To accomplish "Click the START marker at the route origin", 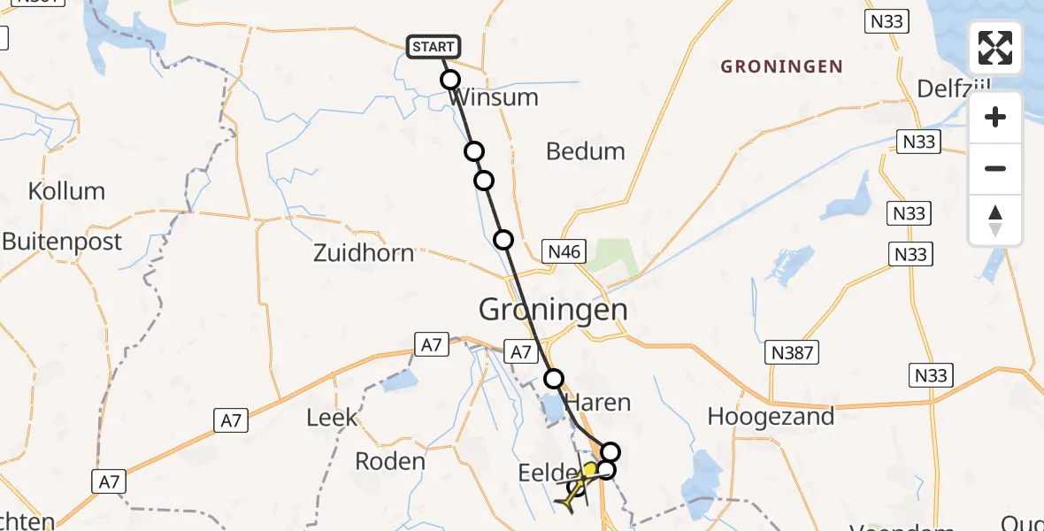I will tap(434, 47).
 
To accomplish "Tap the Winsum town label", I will tap(494, 97).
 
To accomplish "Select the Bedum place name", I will tap(585, 151).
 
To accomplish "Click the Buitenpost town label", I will tap(62, 242).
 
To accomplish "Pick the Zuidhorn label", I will tap(364, 253).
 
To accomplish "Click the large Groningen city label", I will tap(553, 310).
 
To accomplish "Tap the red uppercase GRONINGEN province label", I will tap(781, 67).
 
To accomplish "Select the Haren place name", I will tap(598, 403).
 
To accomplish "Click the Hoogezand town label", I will tap(771, 417).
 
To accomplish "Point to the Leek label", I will tap(332, 418).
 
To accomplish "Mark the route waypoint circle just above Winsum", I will tap(450, 80).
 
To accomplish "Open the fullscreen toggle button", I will tap(995, 48).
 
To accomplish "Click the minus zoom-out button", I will tap(995, 169).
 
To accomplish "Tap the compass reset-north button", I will tap(995, 220).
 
